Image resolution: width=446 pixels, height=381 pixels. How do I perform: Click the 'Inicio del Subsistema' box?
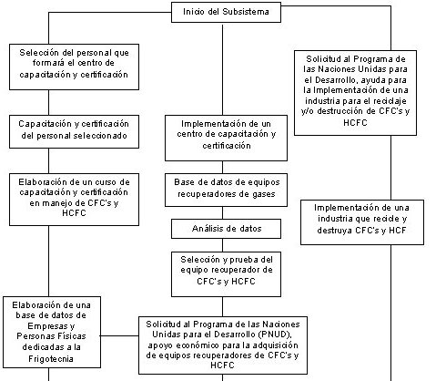226,12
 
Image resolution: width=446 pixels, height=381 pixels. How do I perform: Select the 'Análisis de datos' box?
226,229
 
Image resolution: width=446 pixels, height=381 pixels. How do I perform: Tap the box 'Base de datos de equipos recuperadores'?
226,190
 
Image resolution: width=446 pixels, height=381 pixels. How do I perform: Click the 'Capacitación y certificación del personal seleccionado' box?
74,131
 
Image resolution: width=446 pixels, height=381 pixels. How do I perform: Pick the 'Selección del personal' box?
74,67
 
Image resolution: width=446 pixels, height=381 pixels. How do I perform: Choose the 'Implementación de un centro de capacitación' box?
226,138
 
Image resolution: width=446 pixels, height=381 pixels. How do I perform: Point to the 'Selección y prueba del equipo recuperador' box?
226,274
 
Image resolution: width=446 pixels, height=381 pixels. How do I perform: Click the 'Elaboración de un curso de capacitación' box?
74,200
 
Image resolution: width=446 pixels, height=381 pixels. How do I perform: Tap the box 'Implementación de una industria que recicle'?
362,222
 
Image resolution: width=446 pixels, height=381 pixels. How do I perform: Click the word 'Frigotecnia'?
51,359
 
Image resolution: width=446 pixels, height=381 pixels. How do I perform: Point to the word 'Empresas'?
48,326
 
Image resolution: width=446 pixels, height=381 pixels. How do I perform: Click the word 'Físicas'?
73,336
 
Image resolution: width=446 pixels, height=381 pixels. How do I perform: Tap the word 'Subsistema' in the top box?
246,12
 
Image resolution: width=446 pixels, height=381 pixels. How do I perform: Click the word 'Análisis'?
209,229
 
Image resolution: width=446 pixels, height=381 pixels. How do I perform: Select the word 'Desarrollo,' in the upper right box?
336,80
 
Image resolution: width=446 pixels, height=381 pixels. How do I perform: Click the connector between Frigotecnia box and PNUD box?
119,335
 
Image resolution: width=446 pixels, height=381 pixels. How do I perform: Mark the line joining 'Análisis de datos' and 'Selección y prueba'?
222,245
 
